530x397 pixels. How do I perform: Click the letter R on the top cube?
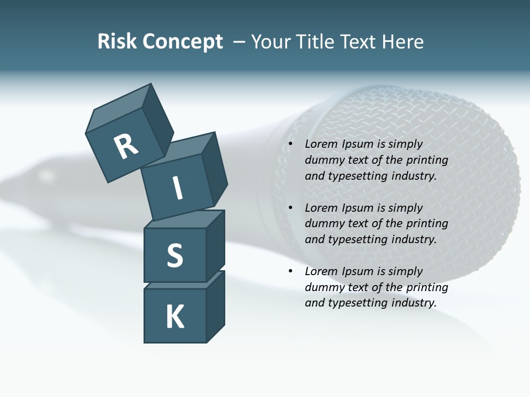click(126, 147)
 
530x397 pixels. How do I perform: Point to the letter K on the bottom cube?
click(175, 317)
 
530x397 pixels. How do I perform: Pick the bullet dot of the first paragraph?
click(290, 144)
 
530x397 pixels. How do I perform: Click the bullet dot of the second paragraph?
click(290, 208)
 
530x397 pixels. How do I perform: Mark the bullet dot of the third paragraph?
click(290, 272)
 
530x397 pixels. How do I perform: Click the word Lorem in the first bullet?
click(321, 144)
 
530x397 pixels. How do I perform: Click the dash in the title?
click(240, 42)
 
